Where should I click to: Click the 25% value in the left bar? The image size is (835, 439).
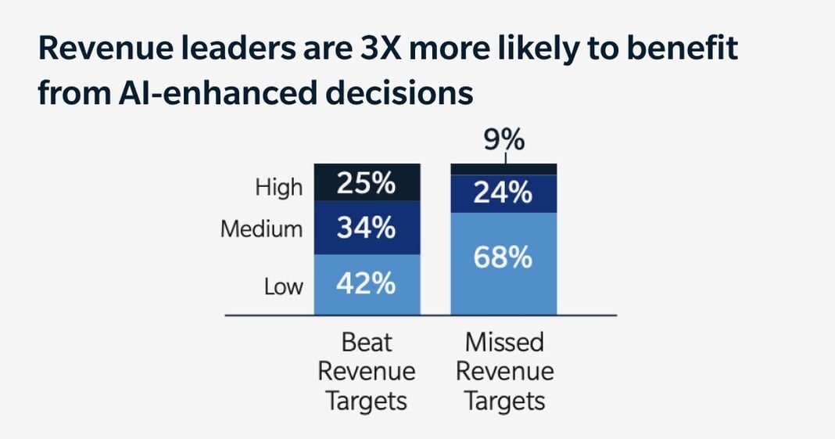[366, 185]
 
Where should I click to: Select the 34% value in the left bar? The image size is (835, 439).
[366, 228]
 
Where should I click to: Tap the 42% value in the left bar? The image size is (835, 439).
[366, 284]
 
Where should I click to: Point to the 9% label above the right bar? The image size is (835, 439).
[504, 142]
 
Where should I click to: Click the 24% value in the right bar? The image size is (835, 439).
[504, 193]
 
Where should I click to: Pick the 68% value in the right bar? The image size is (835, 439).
[504, 257]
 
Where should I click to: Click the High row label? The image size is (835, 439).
[278, 188]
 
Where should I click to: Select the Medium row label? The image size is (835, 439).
[261, 229]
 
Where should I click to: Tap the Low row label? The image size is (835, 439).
[283, 286]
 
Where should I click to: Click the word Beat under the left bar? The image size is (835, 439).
[367, 343]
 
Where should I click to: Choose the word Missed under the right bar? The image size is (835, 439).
[504, 343]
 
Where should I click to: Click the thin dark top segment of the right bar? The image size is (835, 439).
[504, 169]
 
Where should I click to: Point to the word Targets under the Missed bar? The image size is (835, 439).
[504, 401]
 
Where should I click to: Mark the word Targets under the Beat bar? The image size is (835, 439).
[367, 401]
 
